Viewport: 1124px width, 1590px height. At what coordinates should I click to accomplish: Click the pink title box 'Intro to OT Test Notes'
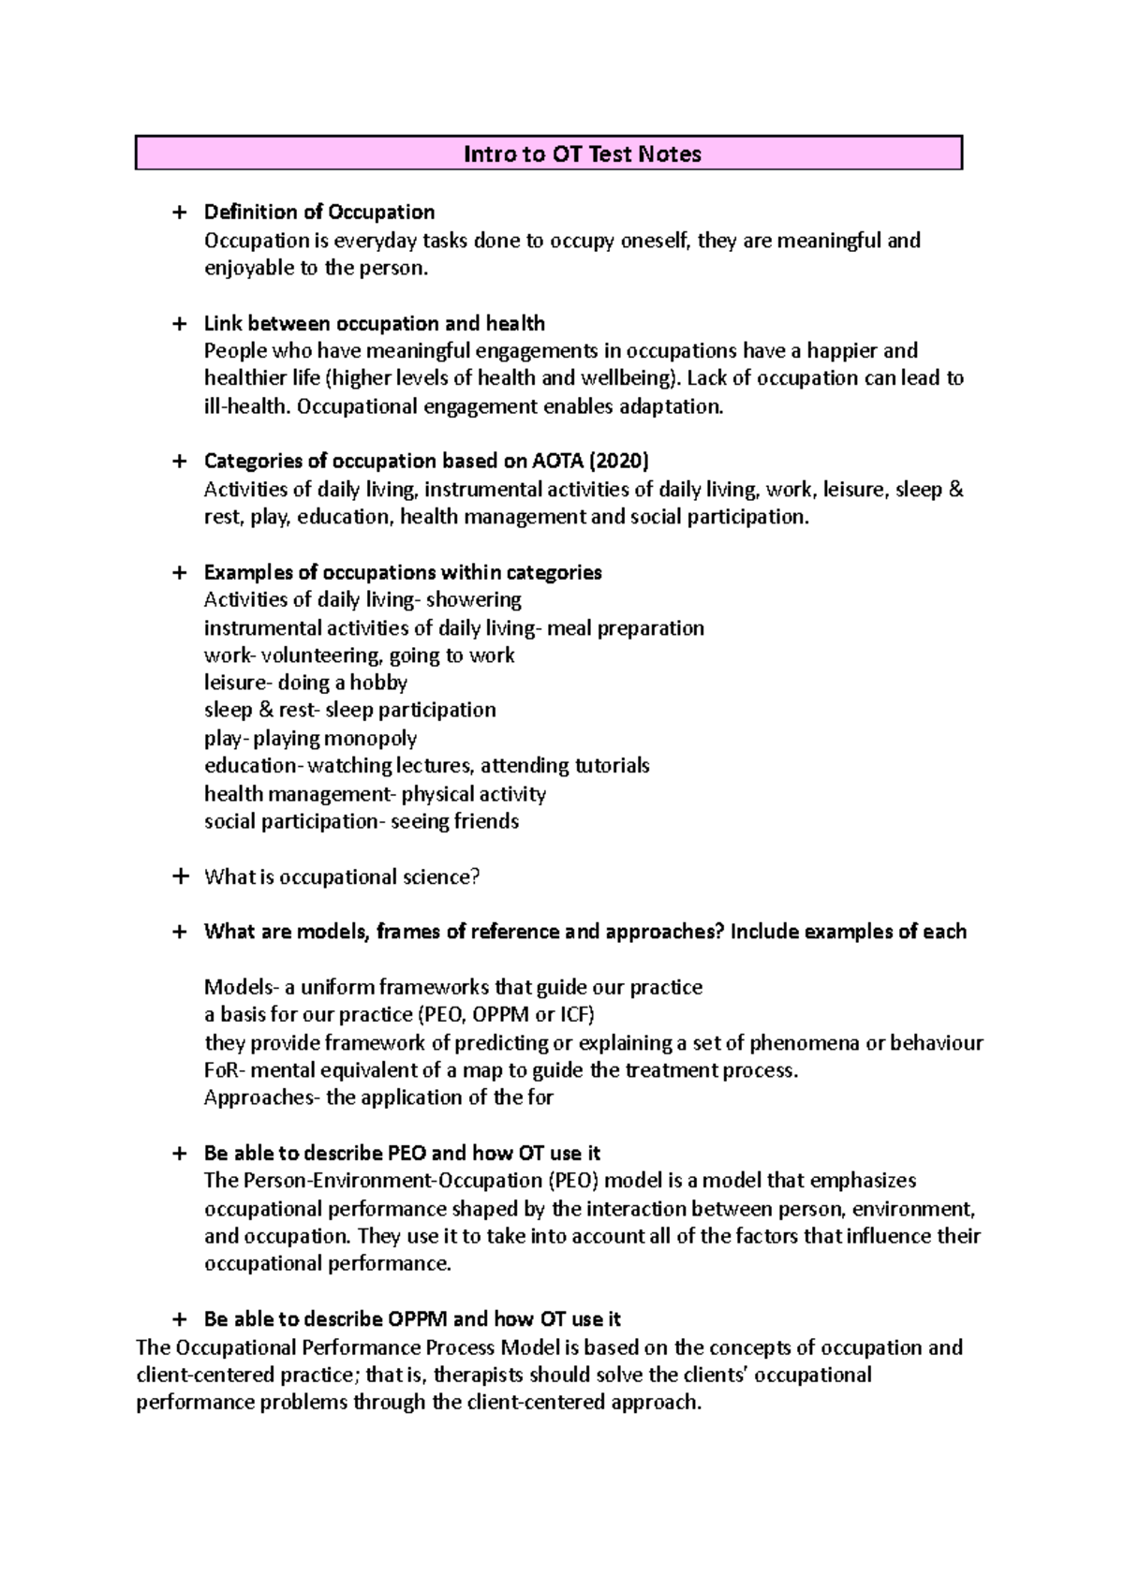pos(549,154)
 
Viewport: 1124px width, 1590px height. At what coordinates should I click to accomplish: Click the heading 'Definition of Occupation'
pos(319,212)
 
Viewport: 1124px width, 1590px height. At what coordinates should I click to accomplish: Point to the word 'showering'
pos(473,599)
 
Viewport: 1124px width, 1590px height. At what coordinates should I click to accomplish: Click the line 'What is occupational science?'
pos(342,877)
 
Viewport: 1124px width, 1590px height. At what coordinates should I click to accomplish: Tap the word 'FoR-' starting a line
pos(224,1070)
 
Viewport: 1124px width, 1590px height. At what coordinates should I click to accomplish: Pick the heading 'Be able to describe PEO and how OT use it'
pos(402,1153)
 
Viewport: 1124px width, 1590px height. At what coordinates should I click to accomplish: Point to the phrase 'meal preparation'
pos(625,627)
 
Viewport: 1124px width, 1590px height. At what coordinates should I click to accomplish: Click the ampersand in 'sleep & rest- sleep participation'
pos(265,710)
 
